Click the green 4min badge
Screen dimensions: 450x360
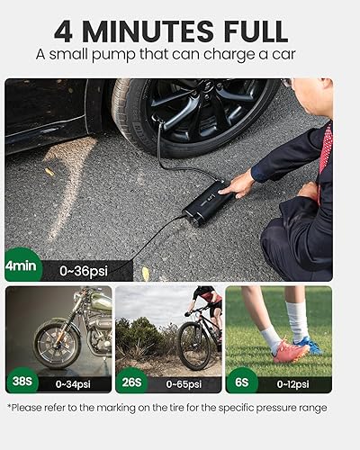point(21,267)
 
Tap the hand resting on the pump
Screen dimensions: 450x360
point(238,184)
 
